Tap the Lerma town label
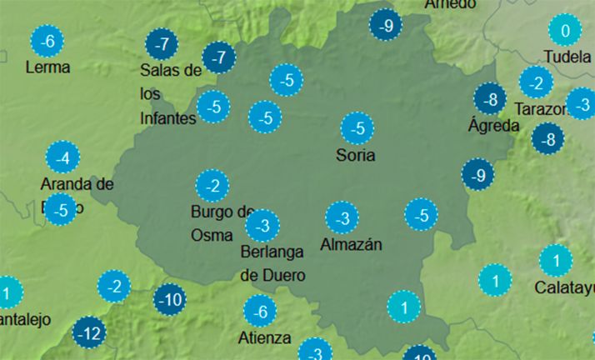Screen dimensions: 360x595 tap(47, 67)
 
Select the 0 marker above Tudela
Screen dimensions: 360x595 tap(565, 33)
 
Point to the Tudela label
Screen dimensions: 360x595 tap(567, 57)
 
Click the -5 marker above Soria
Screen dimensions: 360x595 tap(357, 129)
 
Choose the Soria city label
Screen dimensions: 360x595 tap(355, 155)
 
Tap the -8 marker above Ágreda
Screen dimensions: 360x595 tap(490, 100)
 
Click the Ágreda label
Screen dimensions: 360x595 tap(493, 126)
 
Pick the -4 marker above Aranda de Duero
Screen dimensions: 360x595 tap(62, 157)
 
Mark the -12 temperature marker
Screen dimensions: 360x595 tap(90, 334)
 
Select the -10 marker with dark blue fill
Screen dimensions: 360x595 tap(170, 299)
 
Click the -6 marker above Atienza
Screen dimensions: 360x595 tap(260, 312)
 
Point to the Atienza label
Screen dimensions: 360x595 tap(264, 337)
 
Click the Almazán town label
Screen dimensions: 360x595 tap(351, 245)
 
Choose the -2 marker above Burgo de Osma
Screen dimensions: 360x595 tap(212, 185)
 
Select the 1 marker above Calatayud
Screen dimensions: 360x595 tap(555, 261)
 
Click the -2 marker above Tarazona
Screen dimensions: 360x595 tap(535, 82)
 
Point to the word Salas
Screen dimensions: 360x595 tap(160, 70)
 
